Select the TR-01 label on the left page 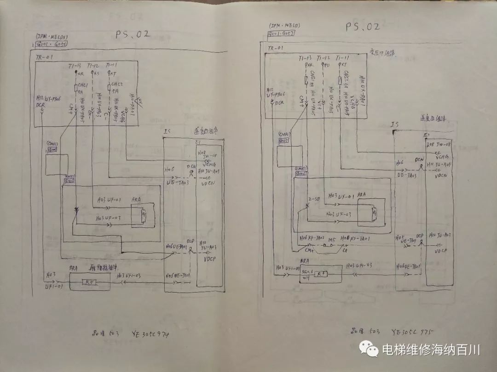click(43, 56)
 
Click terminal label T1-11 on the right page click(342, 58)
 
